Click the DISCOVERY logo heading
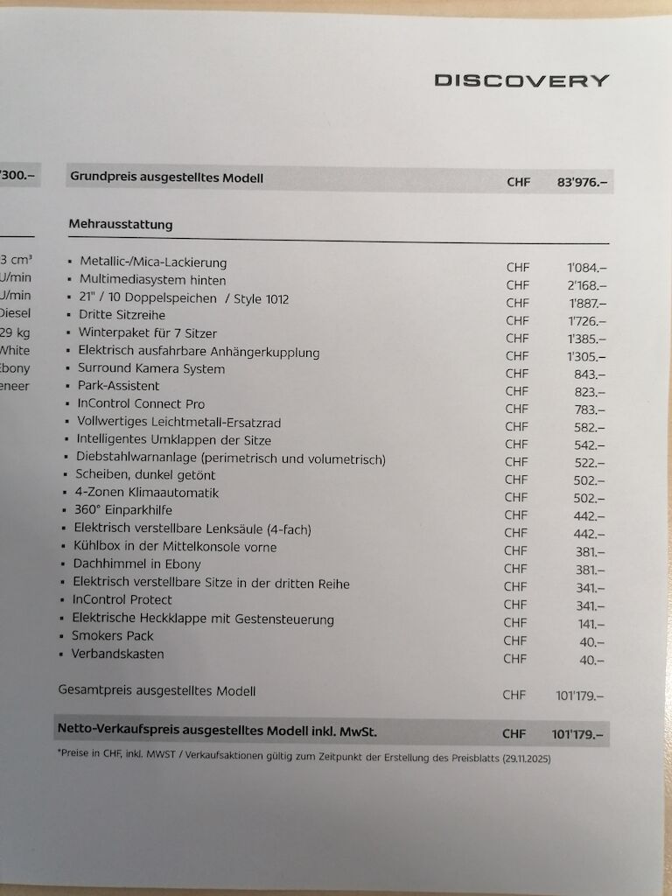[521, 80]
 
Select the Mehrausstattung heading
[121, 225]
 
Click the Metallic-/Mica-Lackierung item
[153, 262]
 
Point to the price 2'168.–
[586, 284]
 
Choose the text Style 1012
[261, 298]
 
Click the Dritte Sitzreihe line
[122, 315]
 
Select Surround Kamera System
[151, 368]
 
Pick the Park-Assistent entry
[119, 386]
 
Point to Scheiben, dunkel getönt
[145, 475]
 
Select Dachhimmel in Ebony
[136, 564]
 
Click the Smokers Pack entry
[113, 636]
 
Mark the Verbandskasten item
[118, 654]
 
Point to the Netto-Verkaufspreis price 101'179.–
[578, 734]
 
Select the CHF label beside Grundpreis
[518, 183]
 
